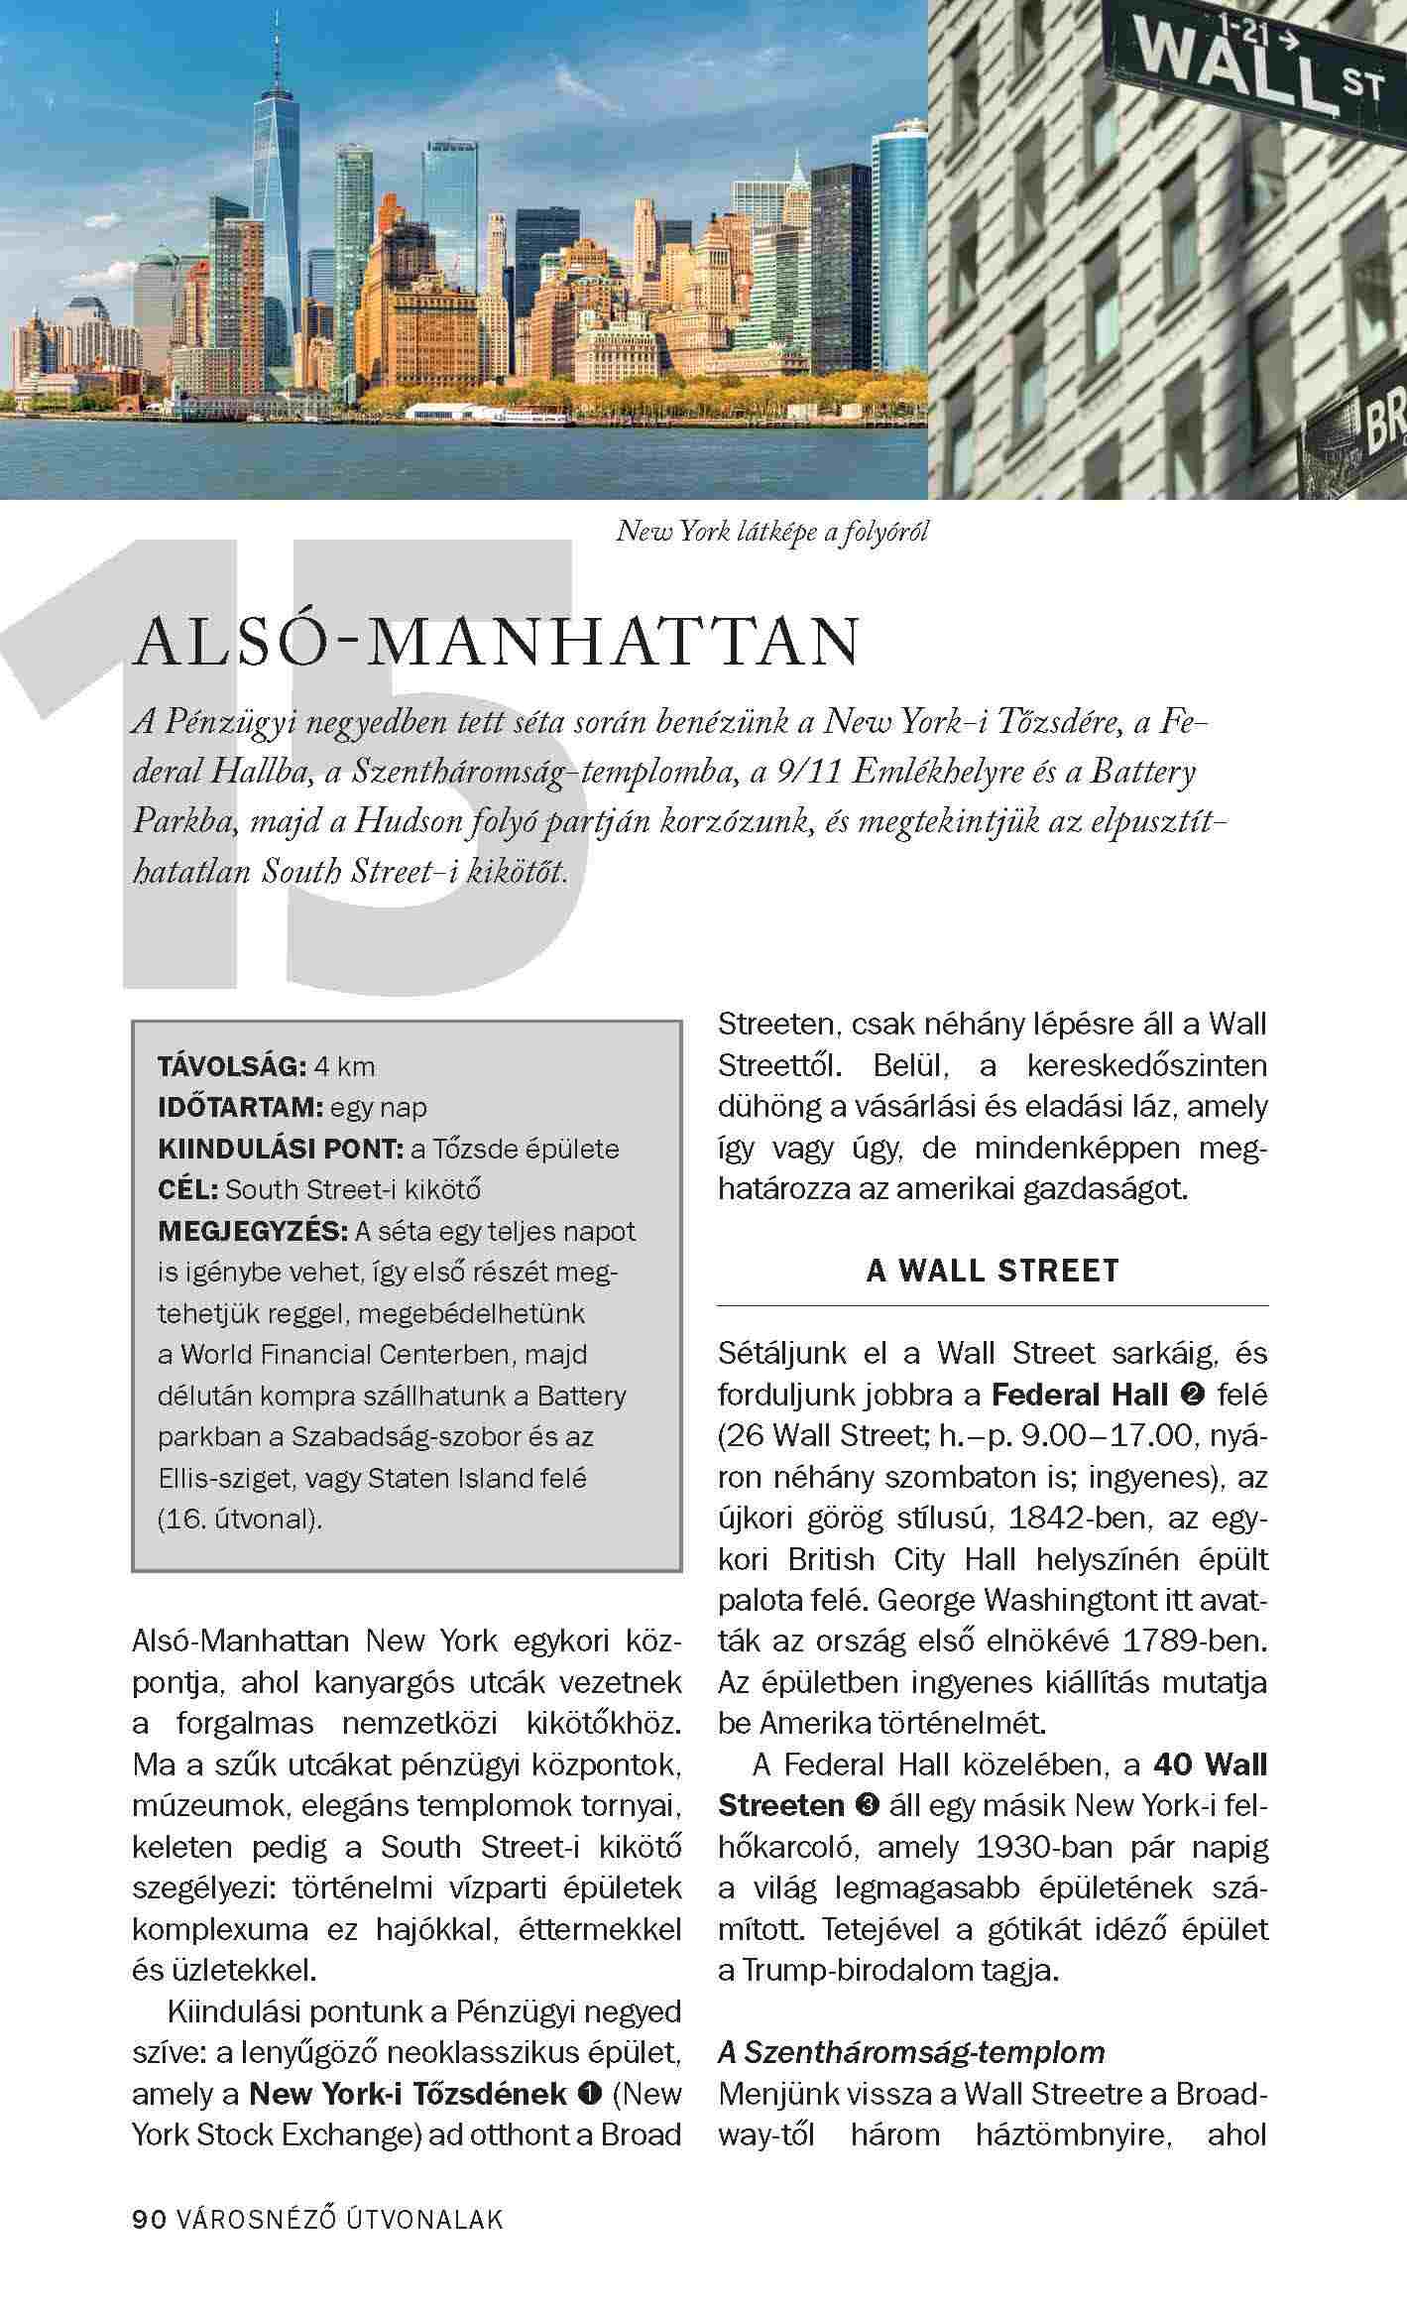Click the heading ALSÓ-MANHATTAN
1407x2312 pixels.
pyautogui.click(x=496, y=643)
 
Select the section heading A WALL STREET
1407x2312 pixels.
pyautogui.click(x=993, y=1271)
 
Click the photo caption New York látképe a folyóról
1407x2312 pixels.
pyautogui.click(x=772, y=532)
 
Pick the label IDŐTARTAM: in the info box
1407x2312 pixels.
pyautogui.click(x=240, y=1107)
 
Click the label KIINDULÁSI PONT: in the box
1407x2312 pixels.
pyautogui.click(x=280, y=1149)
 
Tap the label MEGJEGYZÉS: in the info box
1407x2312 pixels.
pyautogui.click(x=253, y=1231)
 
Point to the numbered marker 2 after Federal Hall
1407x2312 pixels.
pyautogui.click(x=1194, y=1396)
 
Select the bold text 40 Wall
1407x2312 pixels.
pyautogui.click(x=1211, y=1764)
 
